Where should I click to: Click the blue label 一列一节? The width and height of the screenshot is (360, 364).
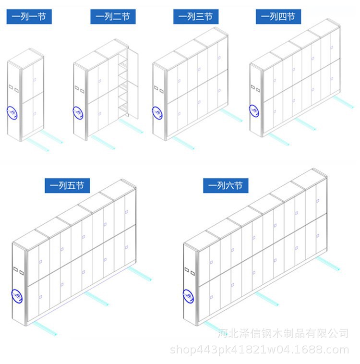click(29, 17)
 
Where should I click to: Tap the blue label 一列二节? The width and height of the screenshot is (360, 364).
click(113, 17)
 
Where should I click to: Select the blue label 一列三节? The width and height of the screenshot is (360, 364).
click(196, 17)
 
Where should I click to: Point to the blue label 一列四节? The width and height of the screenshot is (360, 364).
click(278, 17)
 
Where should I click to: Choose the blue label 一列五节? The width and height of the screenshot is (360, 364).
click(67, 186)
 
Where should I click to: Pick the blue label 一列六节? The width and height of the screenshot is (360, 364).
click(226, 186)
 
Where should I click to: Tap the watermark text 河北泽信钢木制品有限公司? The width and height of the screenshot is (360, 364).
click(283, 333)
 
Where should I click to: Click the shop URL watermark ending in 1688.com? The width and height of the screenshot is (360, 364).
click(260, 350)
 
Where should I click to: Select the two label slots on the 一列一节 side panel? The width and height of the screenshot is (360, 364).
click(14, 88)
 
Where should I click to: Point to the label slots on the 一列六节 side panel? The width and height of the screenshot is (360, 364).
click(190, 271)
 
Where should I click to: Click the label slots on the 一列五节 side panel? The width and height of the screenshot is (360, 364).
click(19, 271)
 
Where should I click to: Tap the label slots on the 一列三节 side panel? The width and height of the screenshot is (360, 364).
click(159, 89)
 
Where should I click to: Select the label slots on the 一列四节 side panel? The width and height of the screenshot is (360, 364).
click(255, 88)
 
